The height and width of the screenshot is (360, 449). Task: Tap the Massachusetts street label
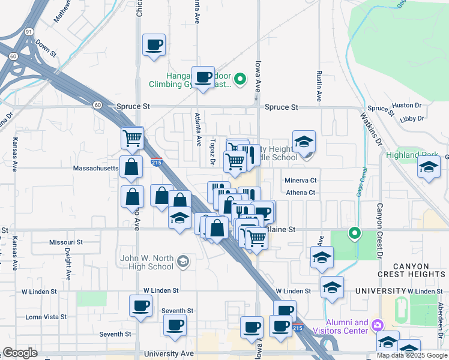[95, 169]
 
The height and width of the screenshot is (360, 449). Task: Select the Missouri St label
[65, 242]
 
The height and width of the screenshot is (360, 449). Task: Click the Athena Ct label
[300, 193]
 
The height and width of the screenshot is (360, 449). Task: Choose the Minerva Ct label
[300, 180]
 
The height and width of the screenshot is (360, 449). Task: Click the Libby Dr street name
[411, 119]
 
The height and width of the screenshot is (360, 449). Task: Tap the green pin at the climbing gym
[240, 79]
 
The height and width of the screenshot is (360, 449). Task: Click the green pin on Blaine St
[355, 233]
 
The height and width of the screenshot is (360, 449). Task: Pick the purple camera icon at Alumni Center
[377, 325]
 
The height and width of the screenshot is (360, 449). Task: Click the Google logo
[20, 353]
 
